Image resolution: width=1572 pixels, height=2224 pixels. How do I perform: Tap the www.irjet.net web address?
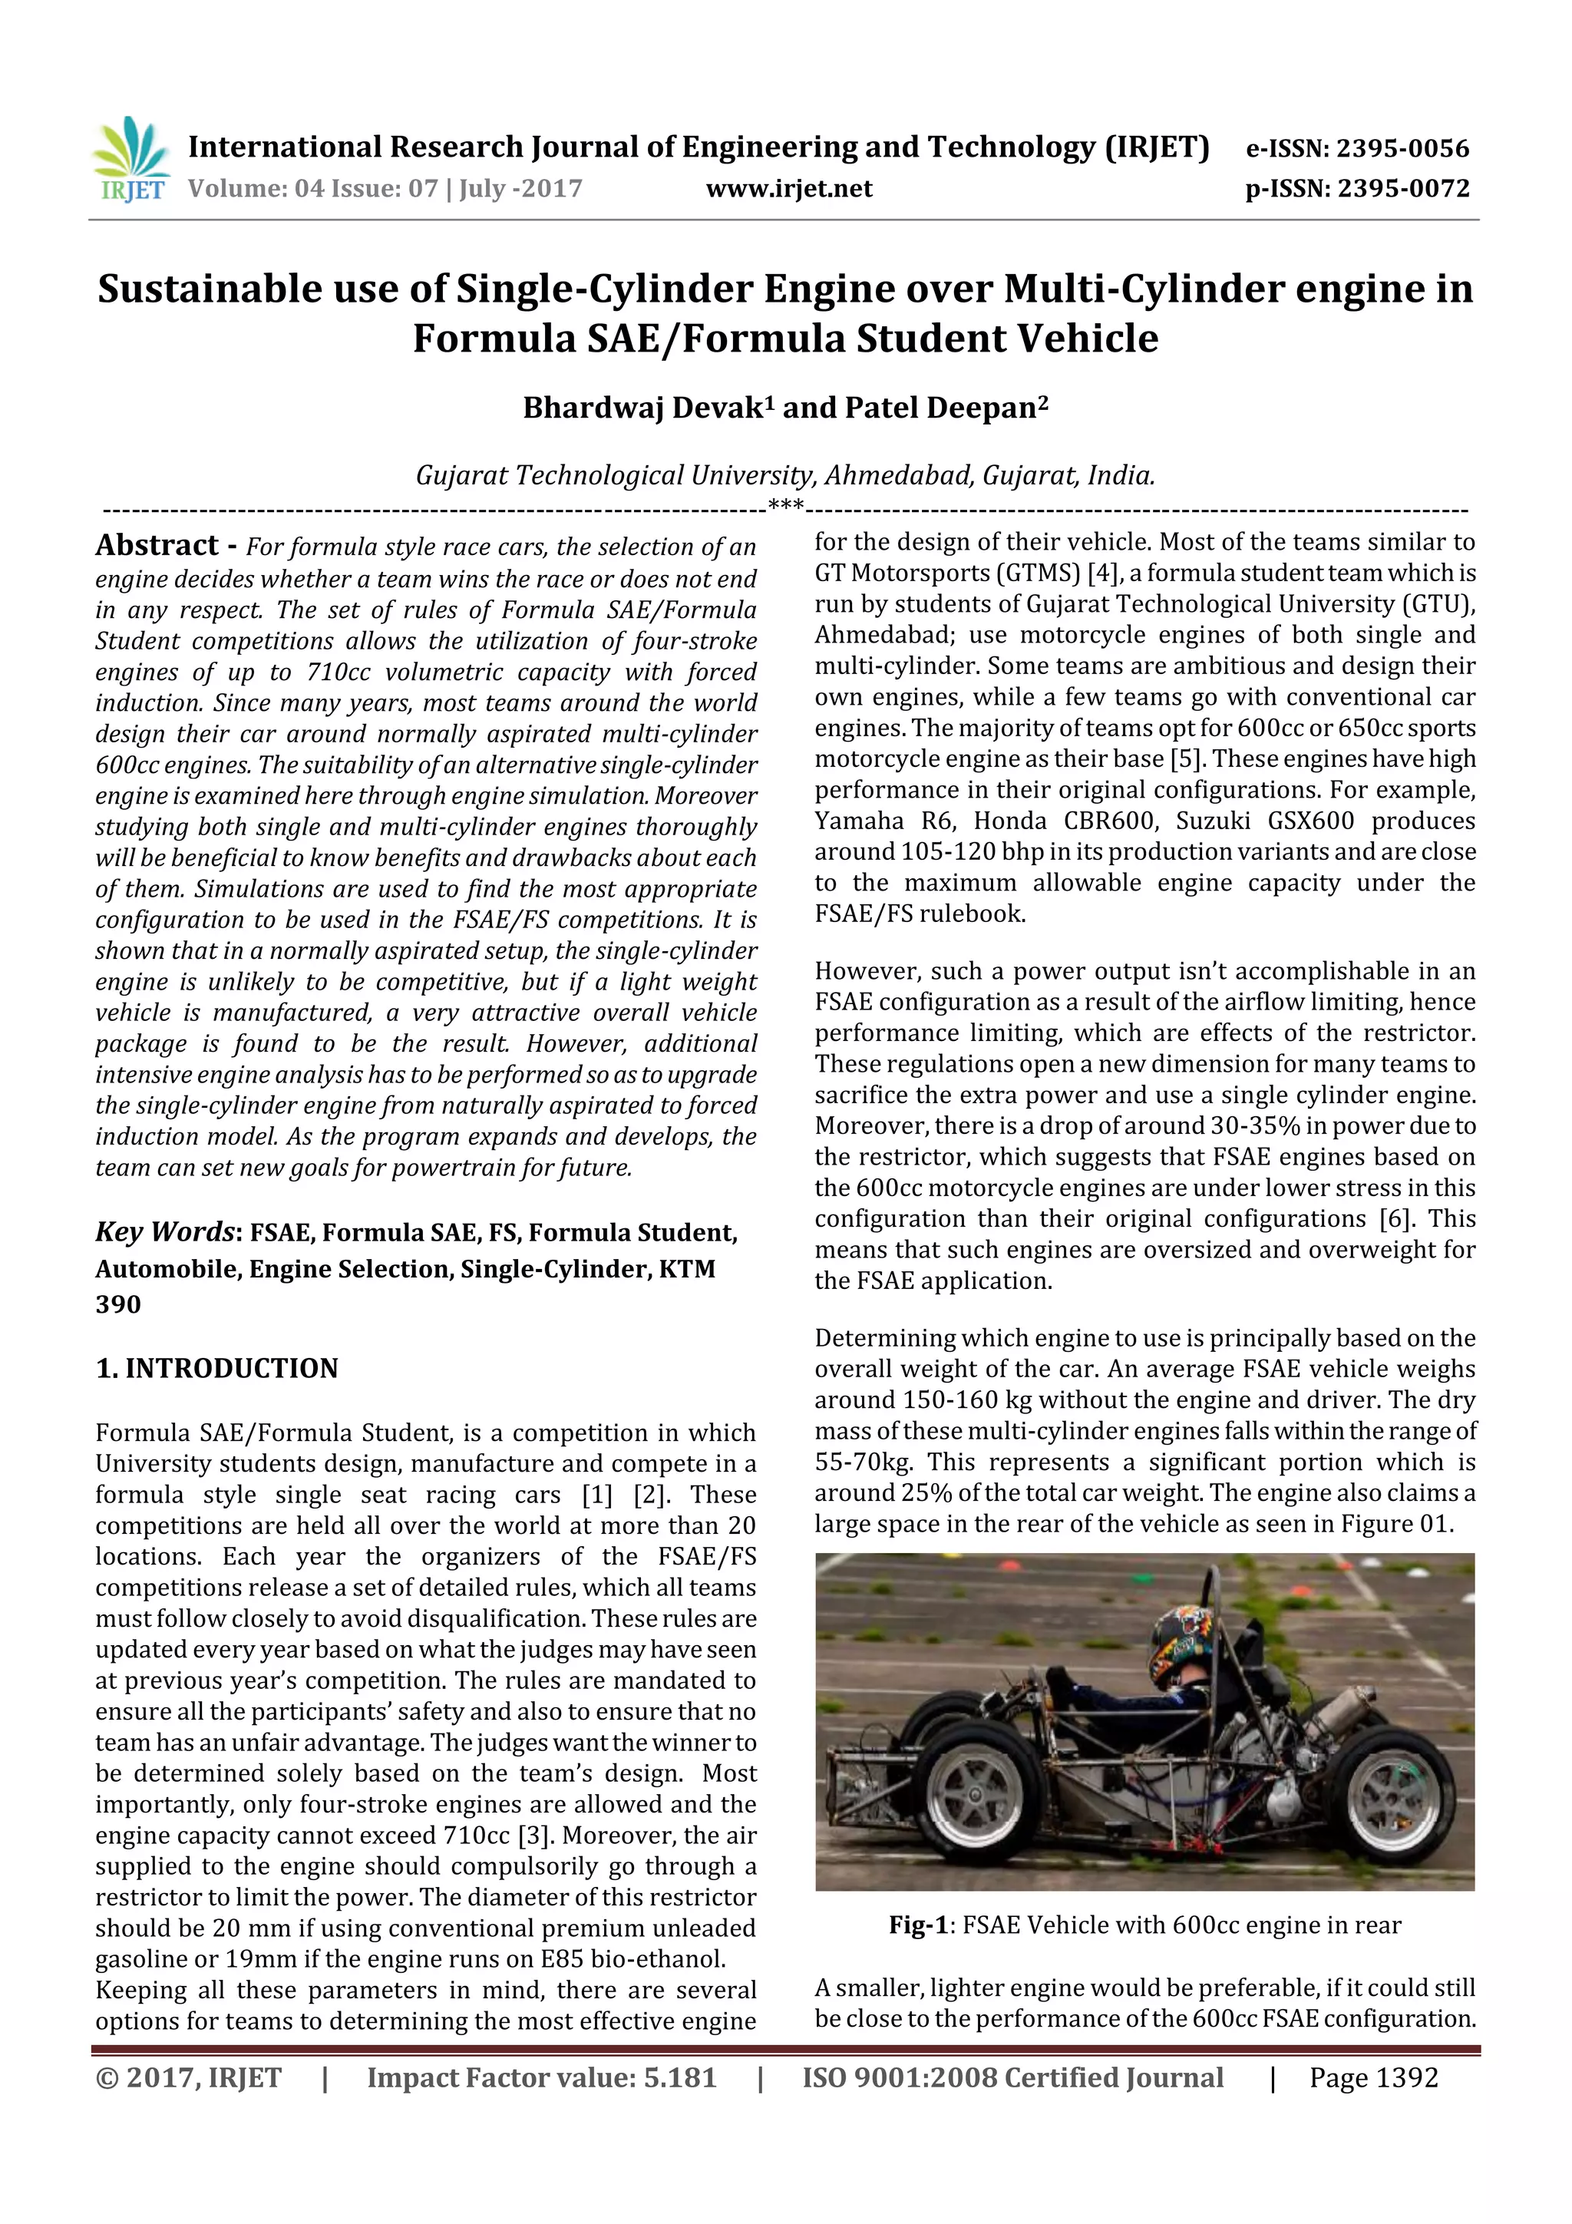[x=788, y=189]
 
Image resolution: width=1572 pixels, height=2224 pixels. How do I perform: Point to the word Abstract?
[x=157, y=545]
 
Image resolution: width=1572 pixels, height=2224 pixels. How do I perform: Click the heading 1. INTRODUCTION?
[x=217, y=1368]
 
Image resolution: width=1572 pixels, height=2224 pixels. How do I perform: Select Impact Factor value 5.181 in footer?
[x=541, y=2077]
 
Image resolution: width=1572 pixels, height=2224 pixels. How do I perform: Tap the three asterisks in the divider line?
[x=785, y=504]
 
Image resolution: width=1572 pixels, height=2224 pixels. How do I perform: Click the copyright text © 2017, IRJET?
[x=189, y=2077]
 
